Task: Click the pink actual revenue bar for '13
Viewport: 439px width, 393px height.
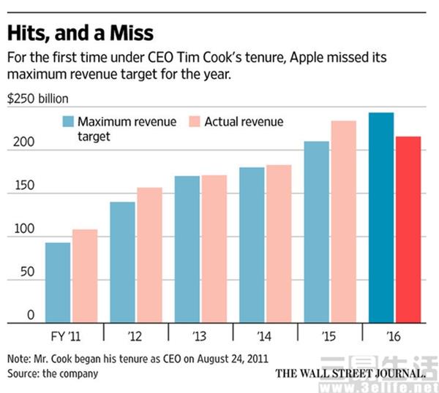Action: [x=214, y=248]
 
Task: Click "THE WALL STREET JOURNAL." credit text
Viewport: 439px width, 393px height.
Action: [x=350, y=373]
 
